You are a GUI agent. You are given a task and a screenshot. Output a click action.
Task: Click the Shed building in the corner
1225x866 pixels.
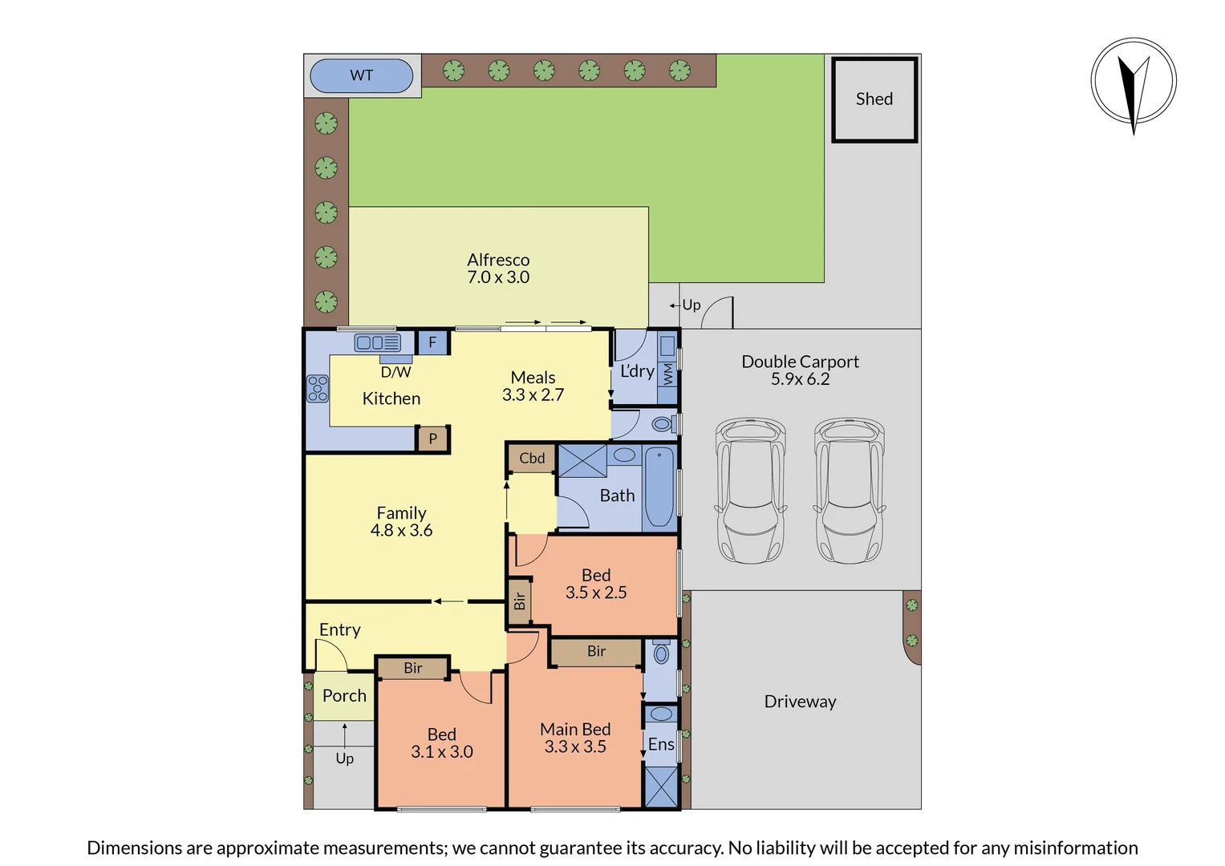coord(874,99)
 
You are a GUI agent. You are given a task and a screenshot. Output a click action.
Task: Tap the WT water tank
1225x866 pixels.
coord(361,75)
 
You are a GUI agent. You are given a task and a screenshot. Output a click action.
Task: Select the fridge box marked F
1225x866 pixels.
coord(432,342)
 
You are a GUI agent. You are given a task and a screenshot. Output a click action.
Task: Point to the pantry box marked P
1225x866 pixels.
coord(432,439)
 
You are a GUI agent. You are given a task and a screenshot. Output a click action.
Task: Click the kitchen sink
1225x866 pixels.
coord(377,343)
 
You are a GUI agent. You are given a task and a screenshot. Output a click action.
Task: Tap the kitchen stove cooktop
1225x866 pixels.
coord(318,388)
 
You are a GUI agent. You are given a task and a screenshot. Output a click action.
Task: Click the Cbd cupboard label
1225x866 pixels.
coord(532,459)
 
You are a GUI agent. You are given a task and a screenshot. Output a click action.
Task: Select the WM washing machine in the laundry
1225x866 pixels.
coord(667,374)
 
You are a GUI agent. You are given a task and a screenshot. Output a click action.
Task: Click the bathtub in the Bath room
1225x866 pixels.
coord(659,488)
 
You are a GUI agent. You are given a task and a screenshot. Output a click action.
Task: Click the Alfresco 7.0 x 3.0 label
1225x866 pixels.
coord(498,269)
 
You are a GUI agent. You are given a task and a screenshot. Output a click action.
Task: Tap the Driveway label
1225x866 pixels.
coord(800,702)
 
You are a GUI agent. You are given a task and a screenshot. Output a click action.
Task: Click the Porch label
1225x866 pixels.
coord(344,696)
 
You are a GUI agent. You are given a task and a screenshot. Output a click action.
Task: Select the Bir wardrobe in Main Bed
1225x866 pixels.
coord(596,652)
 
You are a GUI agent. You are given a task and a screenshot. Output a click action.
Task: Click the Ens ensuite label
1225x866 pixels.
coord(661,744)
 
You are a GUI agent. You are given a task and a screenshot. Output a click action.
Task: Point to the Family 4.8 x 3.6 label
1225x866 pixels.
coord(401,521)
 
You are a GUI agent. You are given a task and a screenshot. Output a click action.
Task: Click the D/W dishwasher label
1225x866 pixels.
coord(395,372)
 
